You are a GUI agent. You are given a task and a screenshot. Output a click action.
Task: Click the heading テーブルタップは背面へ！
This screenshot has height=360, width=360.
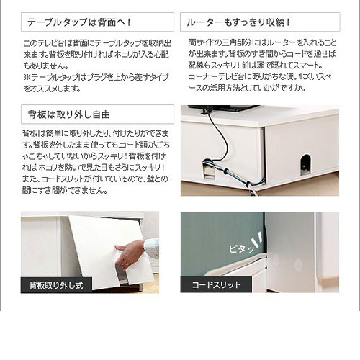[79, 22]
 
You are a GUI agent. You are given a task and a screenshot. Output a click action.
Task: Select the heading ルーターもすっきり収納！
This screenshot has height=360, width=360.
[238, 22]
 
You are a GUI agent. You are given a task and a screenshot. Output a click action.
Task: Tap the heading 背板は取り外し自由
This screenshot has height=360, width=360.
[69, 114]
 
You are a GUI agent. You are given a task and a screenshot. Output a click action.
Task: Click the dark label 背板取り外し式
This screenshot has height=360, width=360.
[56, 285]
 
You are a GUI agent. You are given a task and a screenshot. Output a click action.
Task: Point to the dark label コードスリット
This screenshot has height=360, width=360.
[216, 284]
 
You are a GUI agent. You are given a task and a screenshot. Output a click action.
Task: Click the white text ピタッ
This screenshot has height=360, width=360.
[241, 248]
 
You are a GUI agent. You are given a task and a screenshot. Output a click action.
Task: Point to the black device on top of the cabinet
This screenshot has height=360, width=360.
[223, 109]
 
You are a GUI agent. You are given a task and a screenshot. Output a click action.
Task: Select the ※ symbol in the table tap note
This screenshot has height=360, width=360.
[27, 77]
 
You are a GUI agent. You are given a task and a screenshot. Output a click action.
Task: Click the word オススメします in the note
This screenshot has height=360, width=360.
[55, 89]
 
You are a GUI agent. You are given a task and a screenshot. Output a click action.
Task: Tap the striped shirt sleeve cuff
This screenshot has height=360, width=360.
[151, 247]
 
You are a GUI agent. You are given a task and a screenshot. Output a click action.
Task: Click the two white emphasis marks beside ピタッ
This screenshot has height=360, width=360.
[258, 239]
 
